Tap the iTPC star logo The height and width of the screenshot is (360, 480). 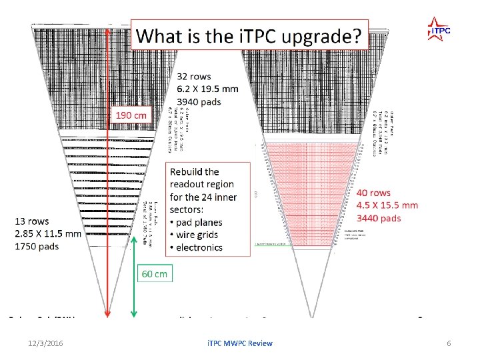[x=439, y=28]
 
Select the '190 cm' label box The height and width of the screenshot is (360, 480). [x=131, y=115]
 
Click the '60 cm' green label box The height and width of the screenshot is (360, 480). [x=154, y=273]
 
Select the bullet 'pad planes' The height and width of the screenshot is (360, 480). [x=200, y=222]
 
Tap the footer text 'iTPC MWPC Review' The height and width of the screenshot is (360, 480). [x=239, y=343]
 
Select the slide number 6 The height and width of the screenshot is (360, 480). [x=449, y=343]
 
